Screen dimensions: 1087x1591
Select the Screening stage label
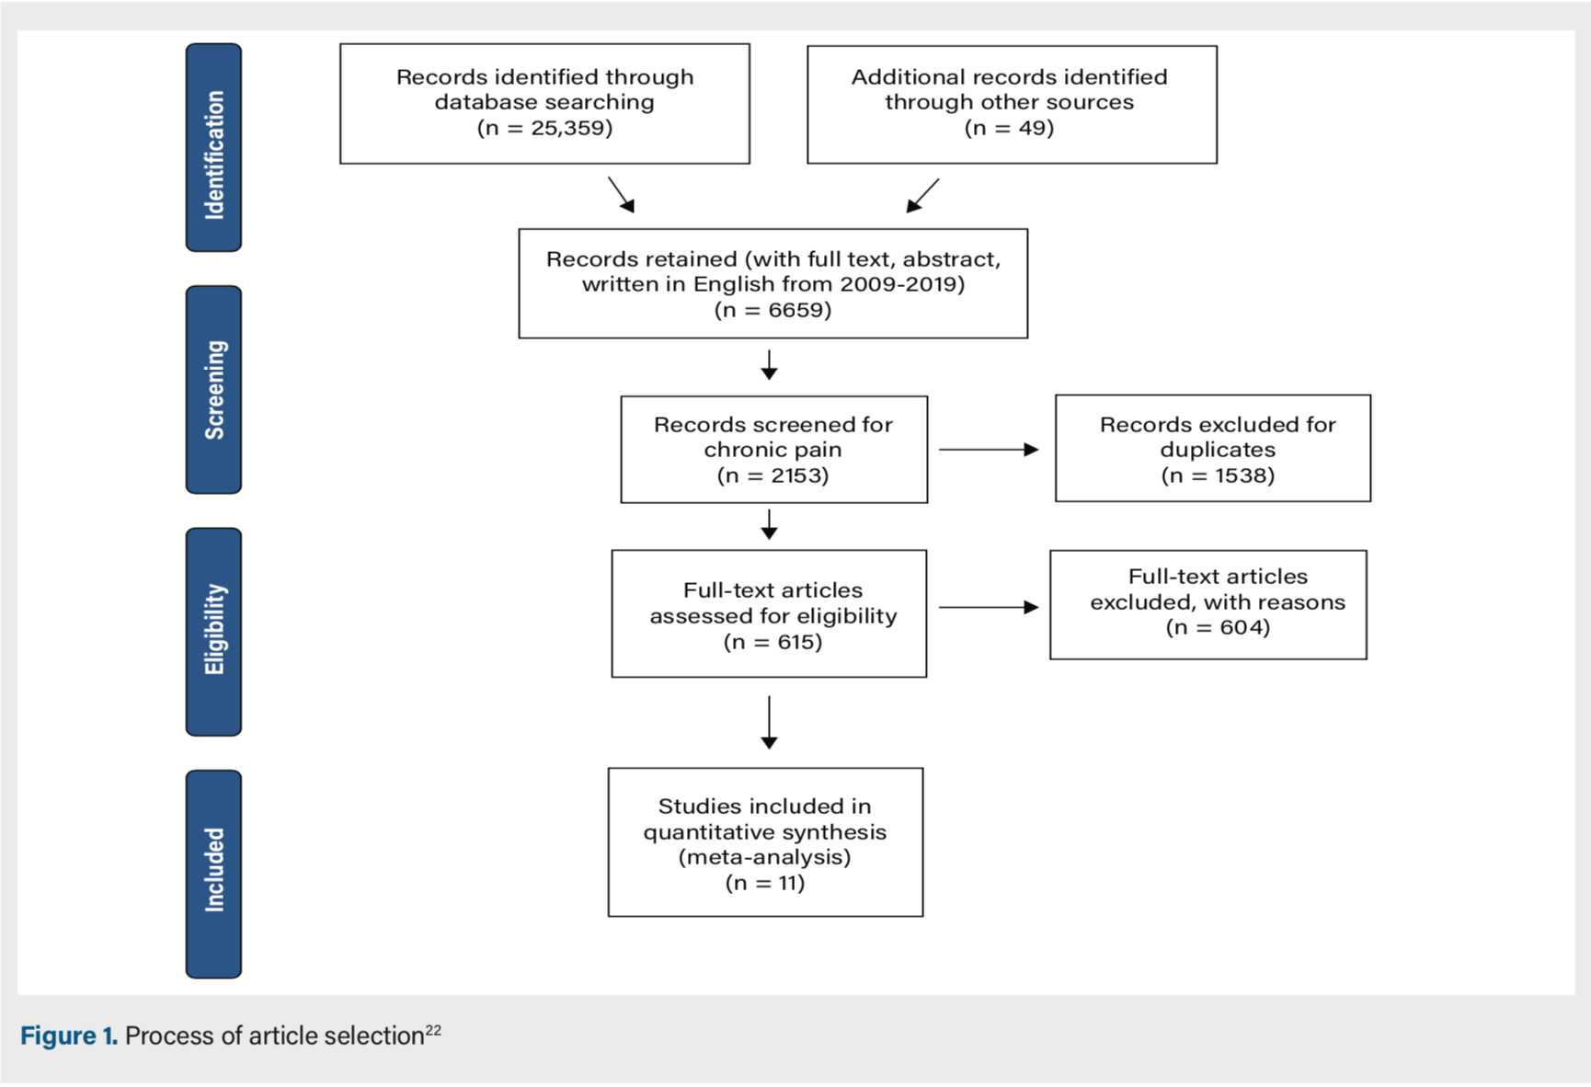coord(213,390)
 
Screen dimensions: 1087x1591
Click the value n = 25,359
coord(544,128)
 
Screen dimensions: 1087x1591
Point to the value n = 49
coord(1009,128)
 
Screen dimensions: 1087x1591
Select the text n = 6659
coord(773,310)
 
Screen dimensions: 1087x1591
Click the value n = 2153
coord(773,475)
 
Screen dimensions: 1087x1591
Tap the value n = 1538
coord(1217,475)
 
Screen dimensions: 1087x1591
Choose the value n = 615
coord(773,642)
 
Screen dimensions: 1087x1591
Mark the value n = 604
coord(1217,627)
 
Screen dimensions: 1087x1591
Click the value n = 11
coord(764,883)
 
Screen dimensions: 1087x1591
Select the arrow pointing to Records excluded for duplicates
coord(989,450)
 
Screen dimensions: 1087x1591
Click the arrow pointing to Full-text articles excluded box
coord(989,607)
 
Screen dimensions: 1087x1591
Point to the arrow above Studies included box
coord(770,723)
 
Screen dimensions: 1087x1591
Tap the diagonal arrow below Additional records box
coord(922,196)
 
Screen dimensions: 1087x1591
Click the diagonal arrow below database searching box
coord(622,195)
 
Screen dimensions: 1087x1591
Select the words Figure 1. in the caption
coord(69,1036)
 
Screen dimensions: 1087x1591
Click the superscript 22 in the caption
coord(433,1030)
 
